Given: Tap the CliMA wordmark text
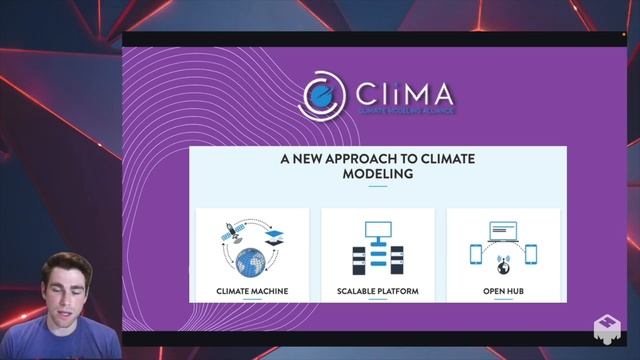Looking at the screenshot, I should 404,95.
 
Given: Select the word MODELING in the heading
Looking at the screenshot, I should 377,174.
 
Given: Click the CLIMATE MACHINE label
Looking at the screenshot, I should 252,292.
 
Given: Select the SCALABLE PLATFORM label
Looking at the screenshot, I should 377,292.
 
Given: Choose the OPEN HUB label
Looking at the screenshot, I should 503,292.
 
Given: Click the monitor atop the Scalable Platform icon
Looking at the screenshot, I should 377,230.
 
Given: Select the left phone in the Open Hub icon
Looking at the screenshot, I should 476,254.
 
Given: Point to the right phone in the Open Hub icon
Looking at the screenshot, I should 530,254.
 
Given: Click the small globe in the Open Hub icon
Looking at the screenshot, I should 503,267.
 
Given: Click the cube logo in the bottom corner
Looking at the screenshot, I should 606,328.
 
